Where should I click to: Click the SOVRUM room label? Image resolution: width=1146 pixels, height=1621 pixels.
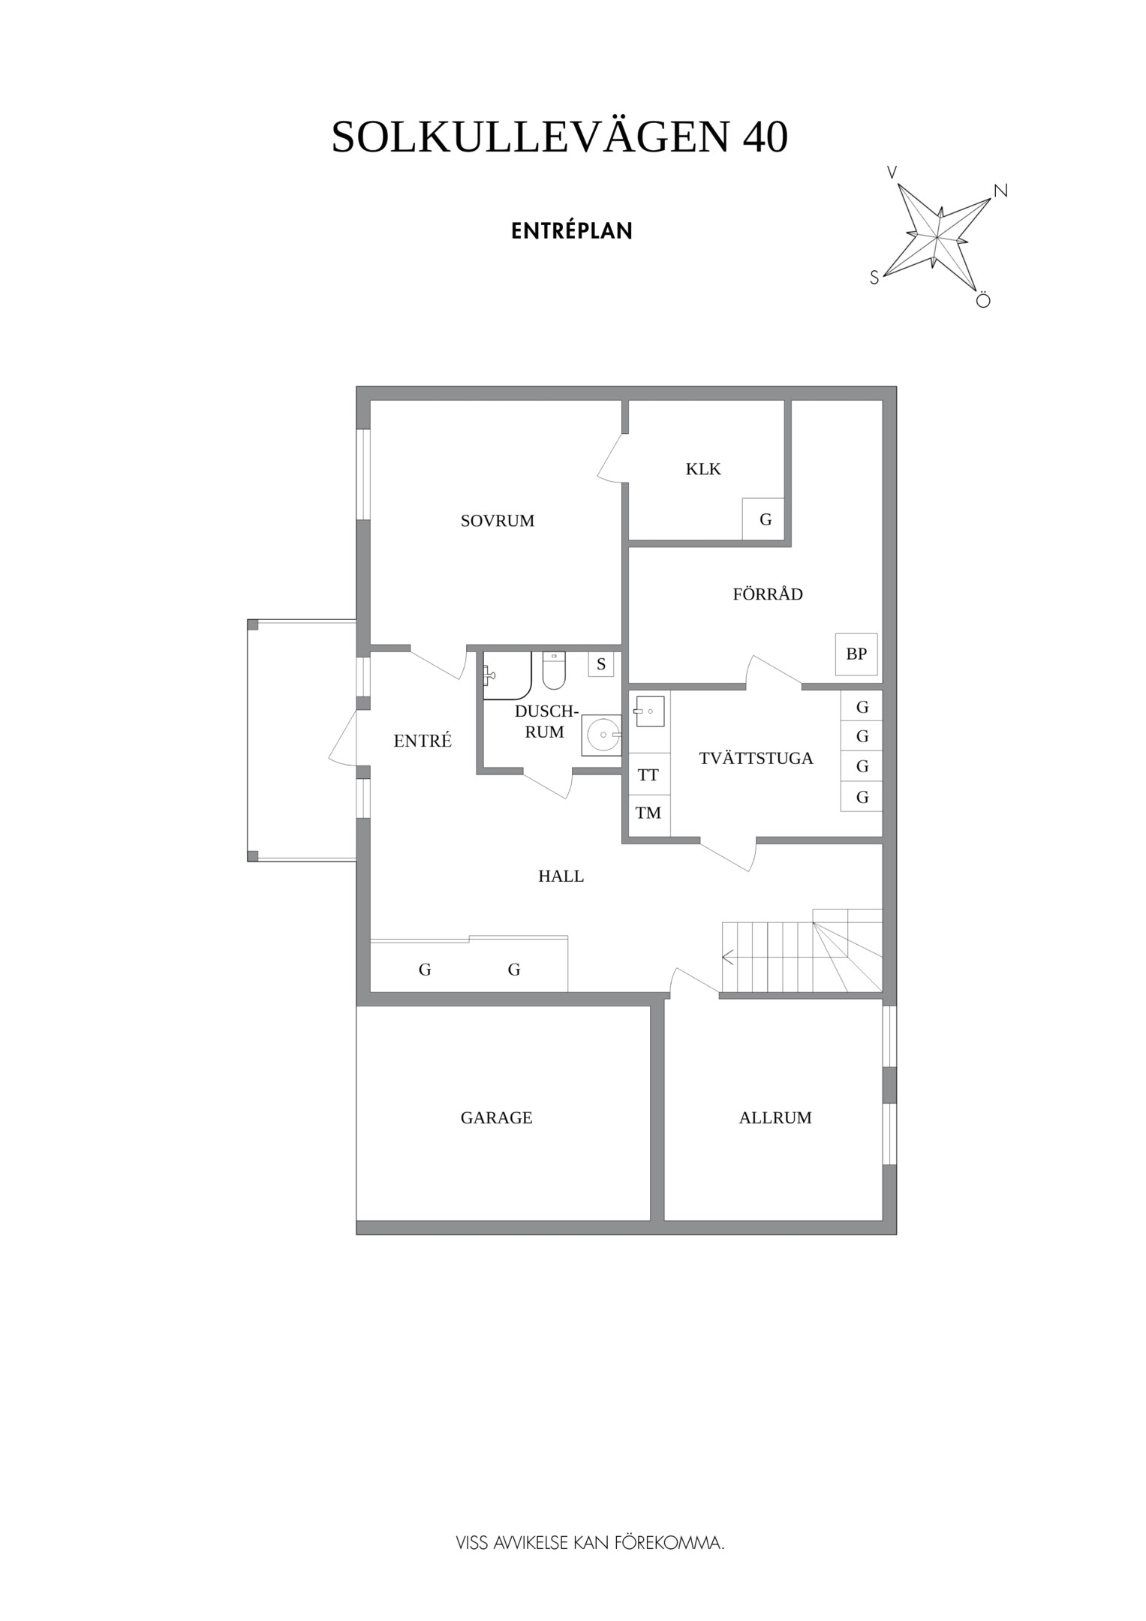[497, 521]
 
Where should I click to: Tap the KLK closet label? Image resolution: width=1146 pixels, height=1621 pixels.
[703, 469]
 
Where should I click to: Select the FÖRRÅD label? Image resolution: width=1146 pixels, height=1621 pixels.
[768, 594]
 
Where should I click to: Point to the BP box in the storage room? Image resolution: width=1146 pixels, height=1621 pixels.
[856, 654]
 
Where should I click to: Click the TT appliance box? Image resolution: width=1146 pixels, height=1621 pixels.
[648, 775]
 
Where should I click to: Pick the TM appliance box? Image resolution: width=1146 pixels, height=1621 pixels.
[648, 813]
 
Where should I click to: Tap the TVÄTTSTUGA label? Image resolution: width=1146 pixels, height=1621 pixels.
[756, 758]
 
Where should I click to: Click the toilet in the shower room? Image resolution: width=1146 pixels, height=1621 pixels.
[554, 671]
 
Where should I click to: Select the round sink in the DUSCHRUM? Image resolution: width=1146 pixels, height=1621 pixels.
[603, 735]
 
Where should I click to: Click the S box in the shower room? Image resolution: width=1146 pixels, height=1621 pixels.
[601, 664]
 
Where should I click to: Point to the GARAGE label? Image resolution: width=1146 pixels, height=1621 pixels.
[496, 1117]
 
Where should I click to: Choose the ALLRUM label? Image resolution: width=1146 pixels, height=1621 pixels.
[775, 1117]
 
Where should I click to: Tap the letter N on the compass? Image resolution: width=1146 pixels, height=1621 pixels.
[1000, 191]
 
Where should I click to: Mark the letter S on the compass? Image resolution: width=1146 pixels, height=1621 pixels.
[874, 278]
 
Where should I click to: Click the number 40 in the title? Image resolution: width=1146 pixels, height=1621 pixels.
[765, 137]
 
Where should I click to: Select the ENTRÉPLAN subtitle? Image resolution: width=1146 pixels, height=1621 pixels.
[572, 231]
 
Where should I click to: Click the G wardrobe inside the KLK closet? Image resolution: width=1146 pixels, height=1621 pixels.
[765, 519]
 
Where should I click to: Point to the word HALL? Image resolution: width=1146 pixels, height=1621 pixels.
[561, 876]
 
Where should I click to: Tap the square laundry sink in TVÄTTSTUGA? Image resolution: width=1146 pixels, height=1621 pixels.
[649, 711]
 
